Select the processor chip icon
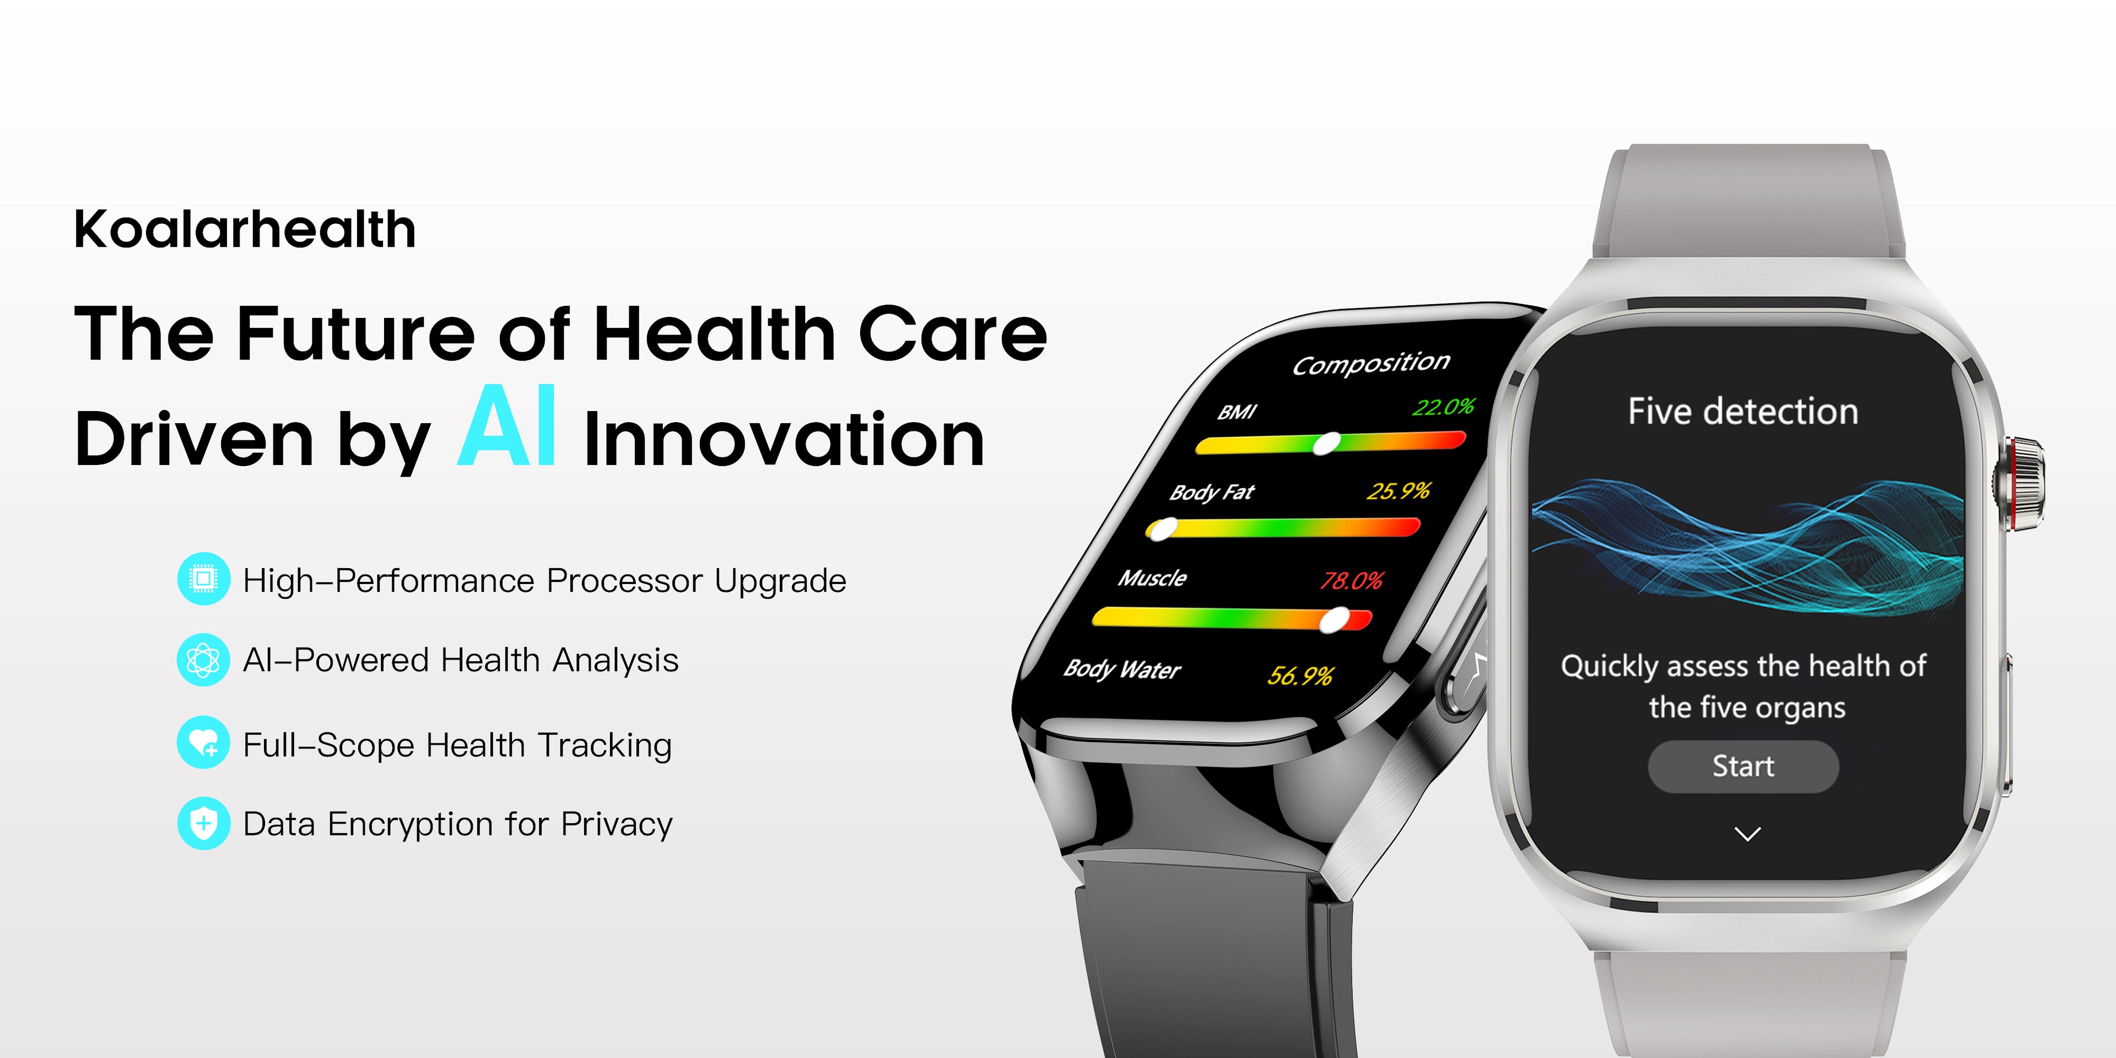coord(203,579)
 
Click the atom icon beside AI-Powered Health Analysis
coord(203,660)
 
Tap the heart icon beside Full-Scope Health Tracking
coord(203,743)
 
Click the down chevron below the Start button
coord(1747,835)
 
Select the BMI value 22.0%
coord(1443,407)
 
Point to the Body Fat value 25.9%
coord(1398,491)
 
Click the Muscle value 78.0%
coord(1351,581)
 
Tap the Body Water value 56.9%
coord(1300,675)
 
